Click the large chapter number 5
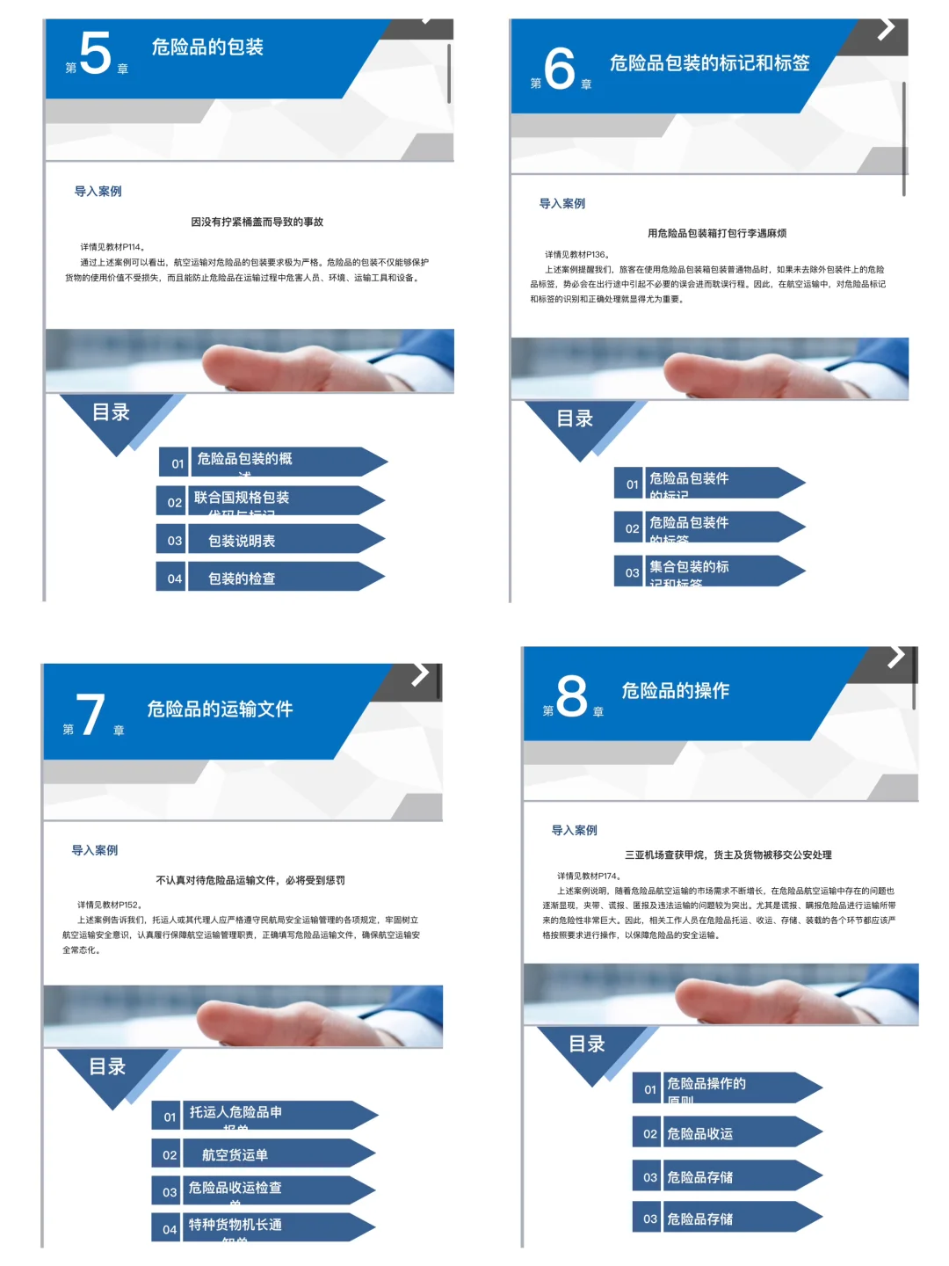pyautogui.click(x=95, y=53)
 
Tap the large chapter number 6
pyautogui.click(x=559, y=69)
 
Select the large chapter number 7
pyautogui.click(x=91, y=715)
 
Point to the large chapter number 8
pyautogui.click(x=571, y=696)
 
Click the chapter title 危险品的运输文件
pyautogui.click(x=220, y=709)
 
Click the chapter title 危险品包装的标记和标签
pyautogui.click(x=709, y=63)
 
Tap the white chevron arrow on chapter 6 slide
pyautogui.click(x=887, y=29)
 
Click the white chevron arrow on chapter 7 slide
pyautogui.click(x=421, y=675)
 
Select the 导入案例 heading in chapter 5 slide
pyautogui.click(x=98, y=192)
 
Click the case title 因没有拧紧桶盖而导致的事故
pyautogui.click(x=257, y=222)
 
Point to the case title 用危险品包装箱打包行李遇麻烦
pyautogui.click(x=716, y=234)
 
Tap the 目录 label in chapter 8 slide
pyautogui.click(x=587, y=1044)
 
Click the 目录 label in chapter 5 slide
pyautogui.click(x=111, y=412)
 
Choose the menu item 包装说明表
pyautogui.click(x=242, y=541)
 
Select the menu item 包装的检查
pyautogui.click(x=242, y=578)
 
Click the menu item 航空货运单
pyautogui.click(x=235, y=1155)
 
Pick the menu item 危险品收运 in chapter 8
pyautogui.click(x=699, y=1134)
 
